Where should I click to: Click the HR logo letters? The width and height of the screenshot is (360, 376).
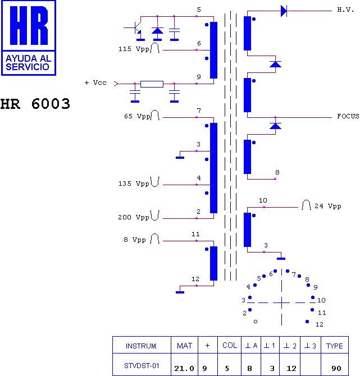[29, 25]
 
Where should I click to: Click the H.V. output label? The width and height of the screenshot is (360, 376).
[345, 10]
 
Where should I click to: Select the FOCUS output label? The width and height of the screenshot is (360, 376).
[348, 116]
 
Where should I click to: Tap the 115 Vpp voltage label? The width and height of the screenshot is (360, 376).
[134, 49]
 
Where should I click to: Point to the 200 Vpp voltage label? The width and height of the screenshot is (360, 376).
[134, 218]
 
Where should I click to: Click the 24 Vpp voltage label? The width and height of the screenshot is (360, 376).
[328, 206]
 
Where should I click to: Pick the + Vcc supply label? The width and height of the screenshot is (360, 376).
[95, 82]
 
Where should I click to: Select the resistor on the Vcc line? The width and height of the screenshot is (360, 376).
[152, 84]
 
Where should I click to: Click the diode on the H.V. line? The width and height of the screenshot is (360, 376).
[284, 11]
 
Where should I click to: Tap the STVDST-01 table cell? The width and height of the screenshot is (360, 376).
[142, 366]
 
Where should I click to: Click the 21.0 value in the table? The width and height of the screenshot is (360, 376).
[184, 368]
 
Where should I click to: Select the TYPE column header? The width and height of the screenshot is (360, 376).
[334, 346]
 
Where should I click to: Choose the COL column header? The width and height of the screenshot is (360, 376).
[230, 345]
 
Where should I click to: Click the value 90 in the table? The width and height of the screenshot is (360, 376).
[336, 368]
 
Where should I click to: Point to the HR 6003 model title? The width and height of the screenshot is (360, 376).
[35, 104]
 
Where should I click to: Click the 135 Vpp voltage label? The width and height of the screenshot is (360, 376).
[134, 184]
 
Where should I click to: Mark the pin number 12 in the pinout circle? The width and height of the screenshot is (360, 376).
[320, 324]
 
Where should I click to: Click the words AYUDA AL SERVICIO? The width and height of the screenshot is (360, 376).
[28, 63]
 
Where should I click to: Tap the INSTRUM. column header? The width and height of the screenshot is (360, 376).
[142, 346]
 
